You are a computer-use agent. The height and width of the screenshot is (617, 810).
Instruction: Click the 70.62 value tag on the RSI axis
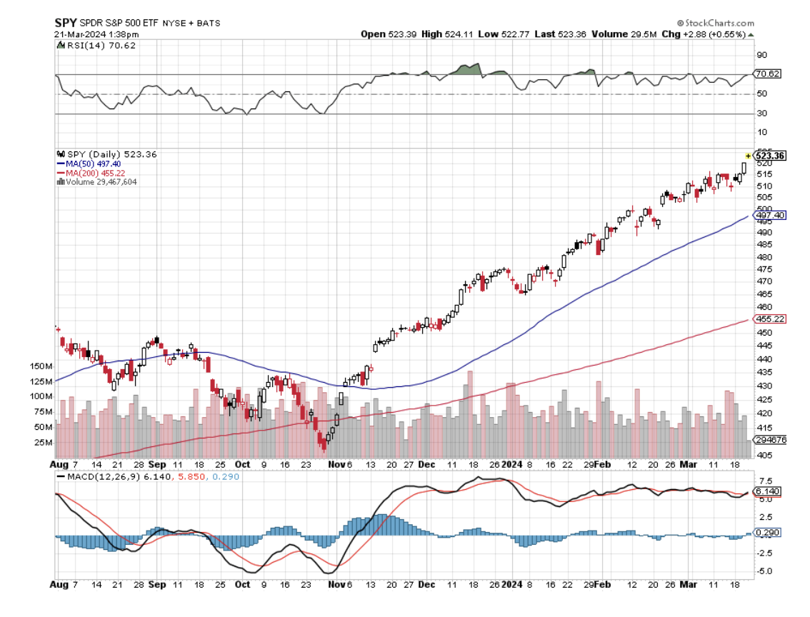click(770, 73)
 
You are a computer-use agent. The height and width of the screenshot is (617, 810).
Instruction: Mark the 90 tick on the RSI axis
click(762, 55)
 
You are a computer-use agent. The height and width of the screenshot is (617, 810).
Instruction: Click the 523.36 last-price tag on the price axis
click(771, 155)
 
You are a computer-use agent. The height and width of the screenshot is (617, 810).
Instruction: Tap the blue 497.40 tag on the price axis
click(771, 215)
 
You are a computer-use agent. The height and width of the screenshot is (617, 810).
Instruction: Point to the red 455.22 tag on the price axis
click(771, 319)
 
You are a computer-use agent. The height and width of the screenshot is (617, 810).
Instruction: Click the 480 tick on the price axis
click(764, 257)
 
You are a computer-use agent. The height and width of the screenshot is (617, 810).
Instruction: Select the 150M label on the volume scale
click(41, 366)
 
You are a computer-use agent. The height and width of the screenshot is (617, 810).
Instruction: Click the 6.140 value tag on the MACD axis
click(769, 492)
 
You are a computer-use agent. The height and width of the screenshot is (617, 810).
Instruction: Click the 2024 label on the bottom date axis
click(512, 583)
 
